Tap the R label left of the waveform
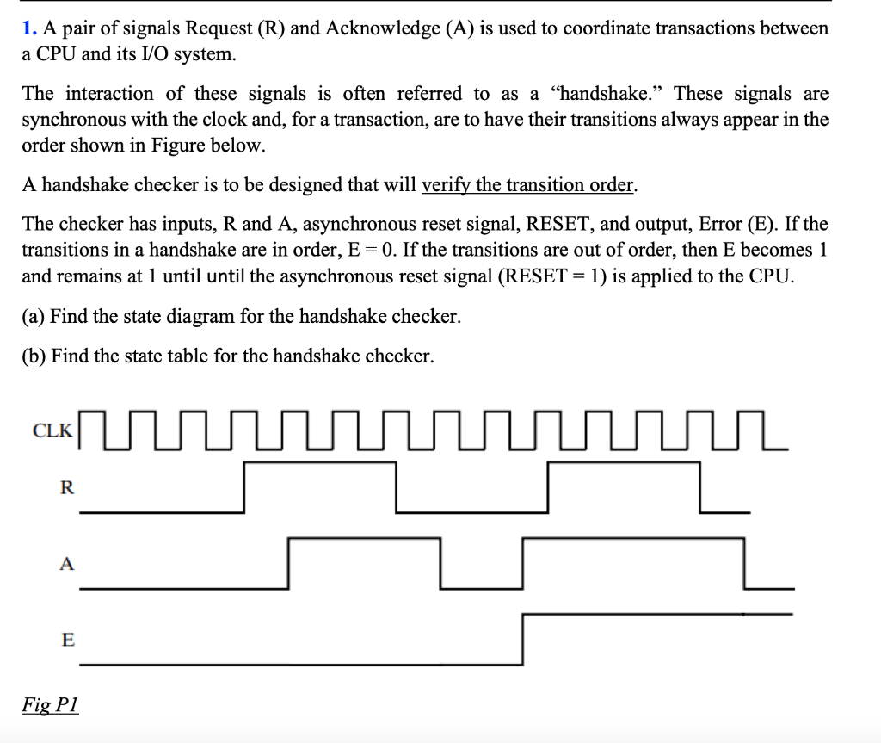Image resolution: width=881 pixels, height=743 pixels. pos(66,488)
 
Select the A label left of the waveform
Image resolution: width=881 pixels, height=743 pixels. pos(66,564)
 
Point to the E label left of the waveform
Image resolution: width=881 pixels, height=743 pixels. pos(67,640)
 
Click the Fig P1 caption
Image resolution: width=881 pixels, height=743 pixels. pos(50,703)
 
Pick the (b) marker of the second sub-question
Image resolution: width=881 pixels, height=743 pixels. pos(34,356)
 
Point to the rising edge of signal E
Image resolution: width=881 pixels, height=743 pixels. pos(523,639)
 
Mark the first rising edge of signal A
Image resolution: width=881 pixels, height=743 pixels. pos(289,564)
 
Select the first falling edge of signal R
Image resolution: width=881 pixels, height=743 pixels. pos(397,488)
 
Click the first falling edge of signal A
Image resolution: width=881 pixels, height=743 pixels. pos(440,564)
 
